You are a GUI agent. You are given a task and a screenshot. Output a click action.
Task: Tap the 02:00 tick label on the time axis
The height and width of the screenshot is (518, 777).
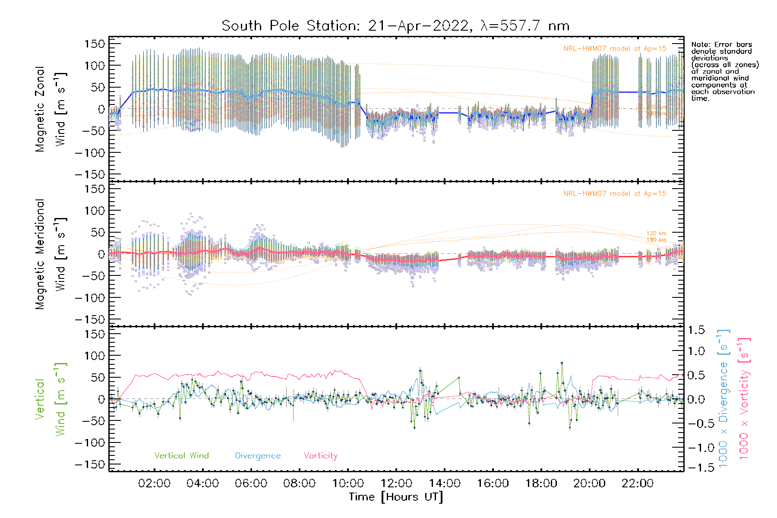(x=154, y=483)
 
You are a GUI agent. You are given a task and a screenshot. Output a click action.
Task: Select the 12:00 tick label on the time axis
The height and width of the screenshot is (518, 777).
(x=396, y=483)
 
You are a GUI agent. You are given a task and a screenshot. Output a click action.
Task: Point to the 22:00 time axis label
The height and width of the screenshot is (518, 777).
(x=638, y=483)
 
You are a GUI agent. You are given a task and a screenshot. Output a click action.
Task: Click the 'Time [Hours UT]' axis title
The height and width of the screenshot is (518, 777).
(x=396, y=497)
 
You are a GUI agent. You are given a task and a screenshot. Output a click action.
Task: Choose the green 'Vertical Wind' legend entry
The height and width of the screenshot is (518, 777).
(x=181, y=455)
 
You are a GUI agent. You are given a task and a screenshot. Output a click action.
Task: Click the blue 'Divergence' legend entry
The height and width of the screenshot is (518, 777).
(x=258, y=456)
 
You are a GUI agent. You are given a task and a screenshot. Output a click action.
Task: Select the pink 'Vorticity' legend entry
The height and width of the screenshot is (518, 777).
(x=320, y=455)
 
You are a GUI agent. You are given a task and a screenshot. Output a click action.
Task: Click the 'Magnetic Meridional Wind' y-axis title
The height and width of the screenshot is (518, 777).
(x=51, y=254)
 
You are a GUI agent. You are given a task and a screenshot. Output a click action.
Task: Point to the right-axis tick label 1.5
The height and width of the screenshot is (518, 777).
(x=696, y=330)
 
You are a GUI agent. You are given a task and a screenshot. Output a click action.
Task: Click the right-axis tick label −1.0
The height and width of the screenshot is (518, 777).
(x=695, y=448)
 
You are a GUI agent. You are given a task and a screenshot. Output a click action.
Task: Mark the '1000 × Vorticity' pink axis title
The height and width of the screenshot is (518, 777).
(x=744, y=398)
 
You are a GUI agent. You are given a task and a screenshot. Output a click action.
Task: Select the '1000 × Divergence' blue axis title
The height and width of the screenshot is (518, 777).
(x=723, y=398)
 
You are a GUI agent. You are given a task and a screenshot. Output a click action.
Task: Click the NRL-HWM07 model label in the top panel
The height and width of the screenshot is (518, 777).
(x=615, y=49)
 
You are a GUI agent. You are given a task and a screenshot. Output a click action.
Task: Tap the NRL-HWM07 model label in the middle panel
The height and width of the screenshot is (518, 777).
(x=615, y=194)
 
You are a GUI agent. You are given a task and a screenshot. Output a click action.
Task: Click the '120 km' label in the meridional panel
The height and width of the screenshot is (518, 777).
(x=656, y=234)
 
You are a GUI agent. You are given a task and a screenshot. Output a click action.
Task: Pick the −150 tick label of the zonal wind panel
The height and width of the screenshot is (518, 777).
(x=90, y=174)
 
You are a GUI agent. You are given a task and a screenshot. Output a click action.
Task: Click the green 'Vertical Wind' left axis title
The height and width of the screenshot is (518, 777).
(x=51, y=399)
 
